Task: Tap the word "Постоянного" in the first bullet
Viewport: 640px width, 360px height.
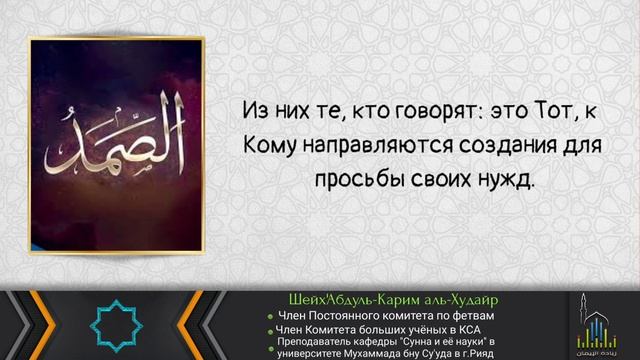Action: coord(349,316)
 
